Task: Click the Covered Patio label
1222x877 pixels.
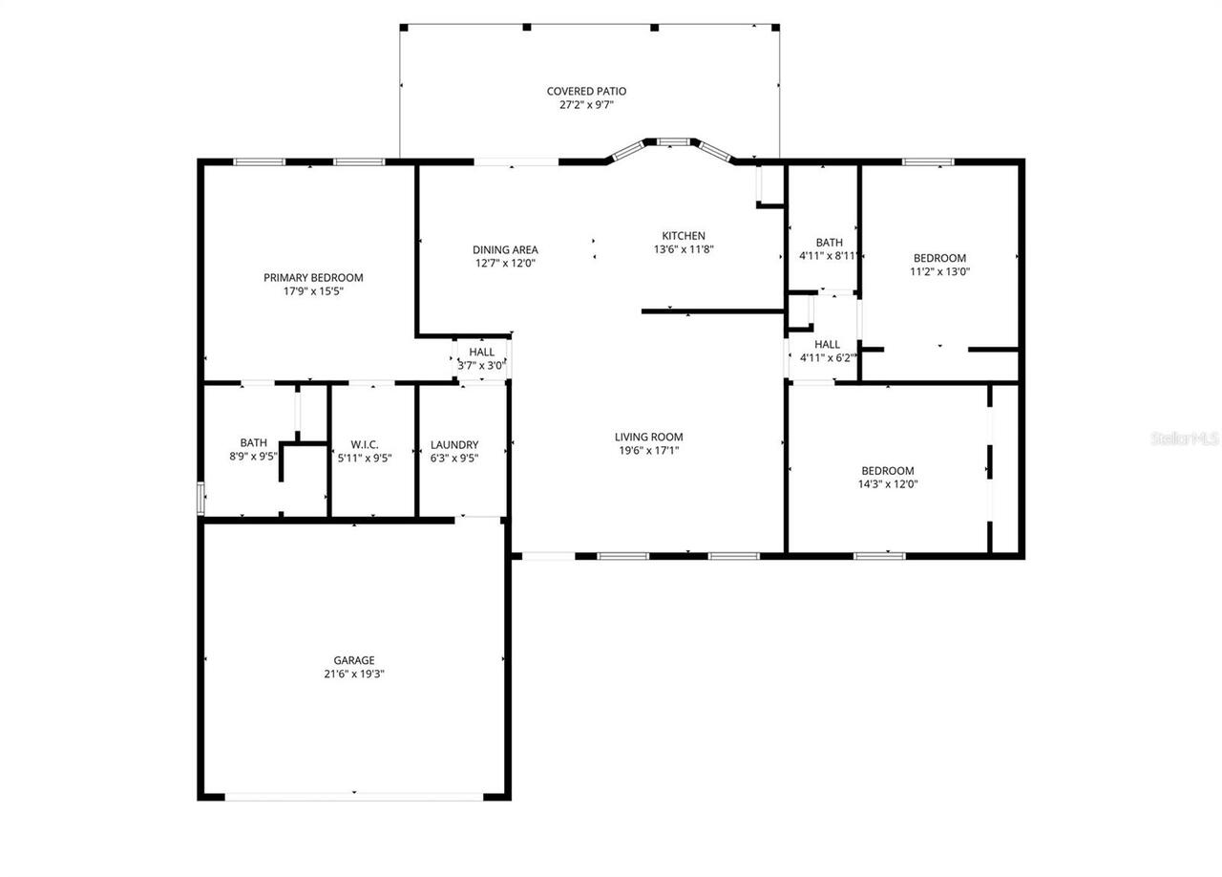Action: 586,92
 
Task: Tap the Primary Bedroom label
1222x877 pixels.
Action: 313,278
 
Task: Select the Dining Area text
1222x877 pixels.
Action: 505,250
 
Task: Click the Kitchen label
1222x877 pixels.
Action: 684,236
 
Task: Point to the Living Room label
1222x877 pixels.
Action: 648,438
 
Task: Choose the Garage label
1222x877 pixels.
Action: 353,660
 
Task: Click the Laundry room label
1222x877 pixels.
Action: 454,445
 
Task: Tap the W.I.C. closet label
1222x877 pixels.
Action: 365,445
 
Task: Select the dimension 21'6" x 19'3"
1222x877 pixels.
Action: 353,674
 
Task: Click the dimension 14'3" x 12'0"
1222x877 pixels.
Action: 888,484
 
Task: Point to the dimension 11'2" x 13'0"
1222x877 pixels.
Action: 939,271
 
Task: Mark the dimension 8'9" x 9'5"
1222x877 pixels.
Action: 253,457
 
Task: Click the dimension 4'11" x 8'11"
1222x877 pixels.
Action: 829,256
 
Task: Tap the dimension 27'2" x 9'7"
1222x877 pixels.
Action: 586,105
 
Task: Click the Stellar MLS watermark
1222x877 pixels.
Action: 1185,438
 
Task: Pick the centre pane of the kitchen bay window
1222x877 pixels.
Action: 673,142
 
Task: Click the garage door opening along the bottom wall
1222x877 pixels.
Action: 354,795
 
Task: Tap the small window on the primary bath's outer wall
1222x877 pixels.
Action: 200,499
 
